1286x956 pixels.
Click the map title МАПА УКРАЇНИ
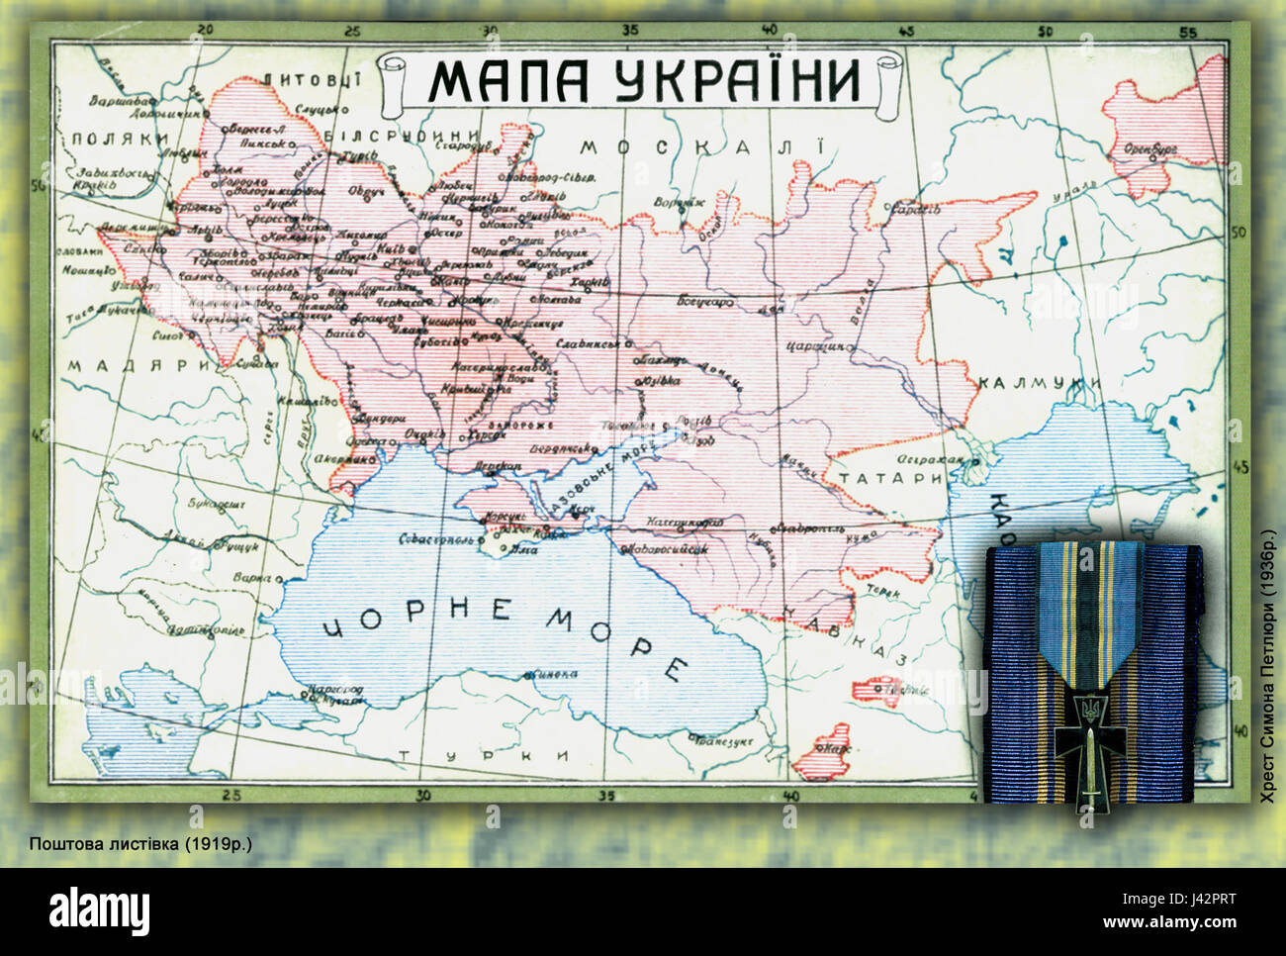[x=644, y=80]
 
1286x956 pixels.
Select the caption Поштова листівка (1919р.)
[x=140, y=843]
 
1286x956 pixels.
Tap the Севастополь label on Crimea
[x=435, y=540]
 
